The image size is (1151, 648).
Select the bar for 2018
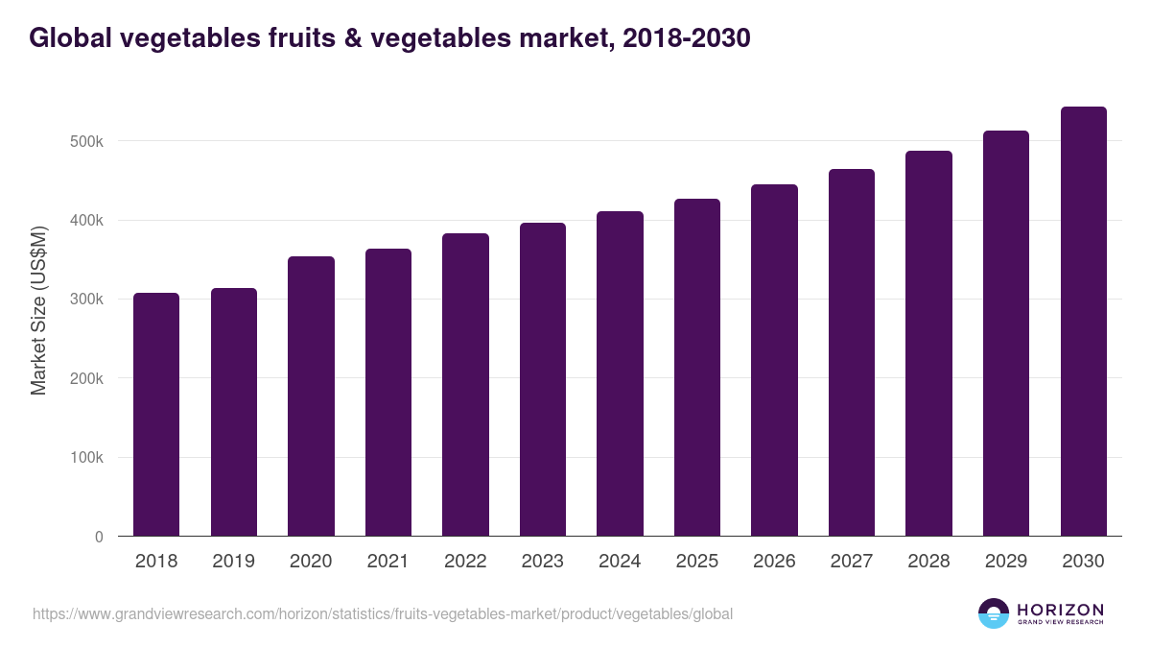[156, 415]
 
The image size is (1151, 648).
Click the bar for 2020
[311, 396]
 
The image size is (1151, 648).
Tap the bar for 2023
[543, 379]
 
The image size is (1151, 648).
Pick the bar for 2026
[774, 360]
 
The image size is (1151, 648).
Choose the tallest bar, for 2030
[1083, 322]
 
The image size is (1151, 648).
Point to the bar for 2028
[928, 344]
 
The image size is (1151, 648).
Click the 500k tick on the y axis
[84, 141]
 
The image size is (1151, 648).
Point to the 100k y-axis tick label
[84, 457]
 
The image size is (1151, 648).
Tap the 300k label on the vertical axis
[84, 300]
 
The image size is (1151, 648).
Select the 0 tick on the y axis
[98, 537]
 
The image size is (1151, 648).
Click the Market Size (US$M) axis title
[38, 310]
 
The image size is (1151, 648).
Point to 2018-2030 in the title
[686, 38]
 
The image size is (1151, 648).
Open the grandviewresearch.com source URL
[383, 613]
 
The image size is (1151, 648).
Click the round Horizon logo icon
[994, 613]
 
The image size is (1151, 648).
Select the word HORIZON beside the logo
[1060, 610]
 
